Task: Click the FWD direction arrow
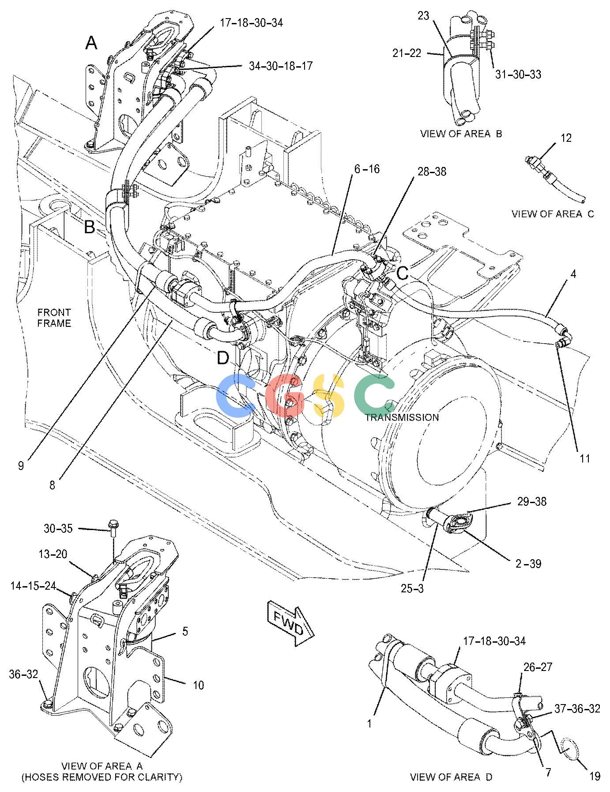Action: coord(290,622)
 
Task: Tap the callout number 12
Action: coord(566,138)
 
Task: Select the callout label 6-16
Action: coord(366,169)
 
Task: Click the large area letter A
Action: coord(91,43)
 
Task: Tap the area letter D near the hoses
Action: coord(223,358)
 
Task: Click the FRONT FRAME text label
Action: coord(54,318)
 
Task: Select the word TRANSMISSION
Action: coord(402,417)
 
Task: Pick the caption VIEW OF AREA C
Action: coord(553,214)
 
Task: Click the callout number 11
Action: coord(585,459)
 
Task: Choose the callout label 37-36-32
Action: coord(577,709)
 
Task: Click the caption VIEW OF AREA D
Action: coord(451,777)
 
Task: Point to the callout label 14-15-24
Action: coord(34,586)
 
